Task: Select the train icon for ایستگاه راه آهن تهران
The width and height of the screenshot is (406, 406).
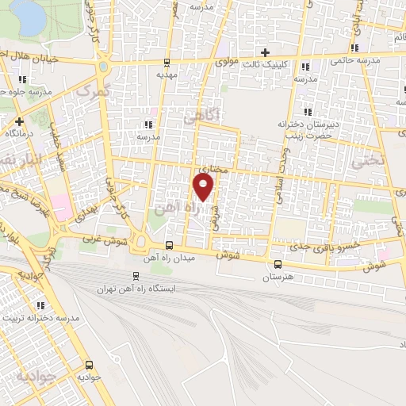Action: click(134, 276)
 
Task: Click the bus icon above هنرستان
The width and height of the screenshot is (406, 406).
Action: click(277, 265)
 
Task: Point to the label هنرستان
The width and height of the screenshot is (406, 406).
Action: click(277, 278)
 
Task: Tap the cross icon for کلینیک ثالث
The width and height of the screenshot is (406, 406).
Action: click(276, 52)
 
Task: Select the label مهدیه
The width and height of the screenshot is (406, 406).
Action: click(165, 75)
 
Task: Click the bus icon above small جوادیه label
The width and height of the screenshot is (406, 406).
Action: click(88, 366)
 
